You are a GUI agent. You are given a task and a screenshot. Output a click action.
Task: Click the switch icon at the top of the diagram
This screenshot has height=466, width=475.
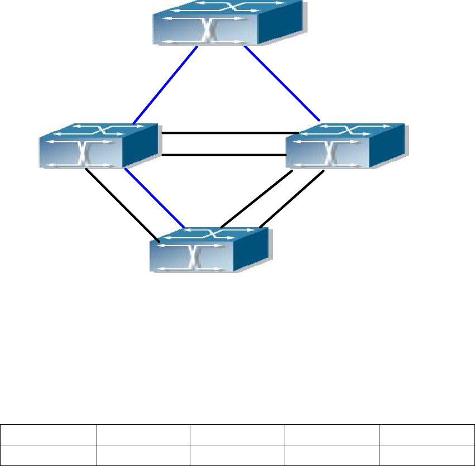coord(229,23)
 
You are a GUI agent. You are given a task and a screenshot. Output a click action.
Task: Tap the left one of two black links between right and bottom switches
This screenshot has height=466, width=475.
coord(257,199)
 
